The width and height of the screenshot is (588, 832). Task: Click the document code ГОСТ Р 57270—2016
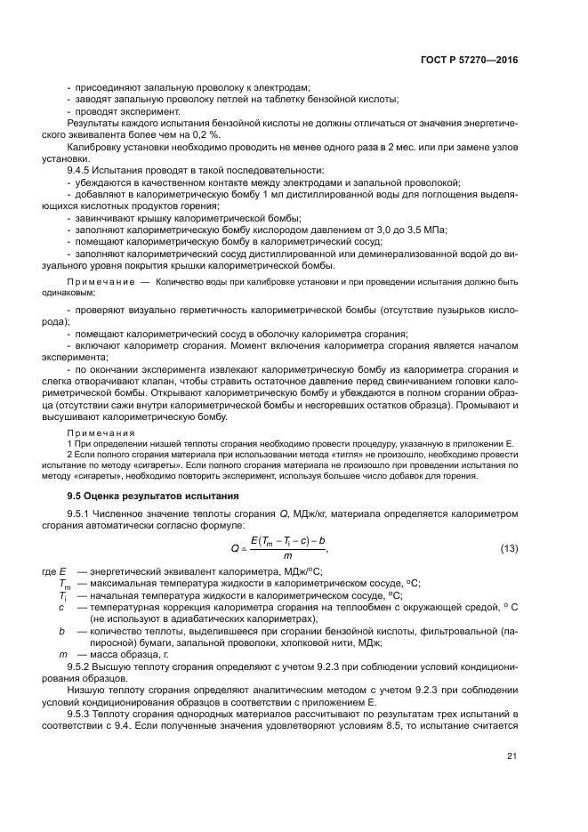[x=469, y=61]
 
